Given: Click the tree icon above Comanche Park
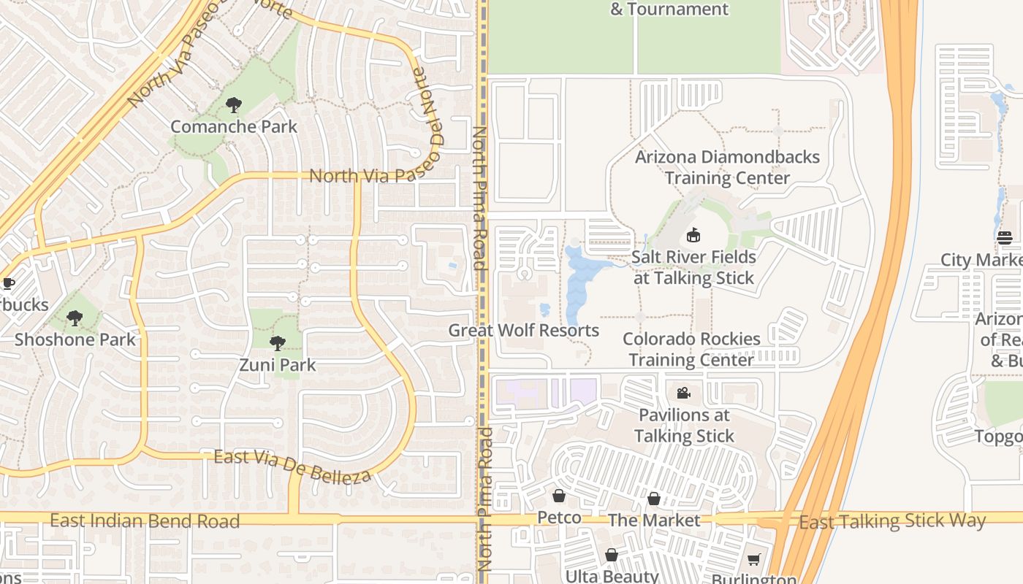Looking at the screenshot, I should pos(234,105).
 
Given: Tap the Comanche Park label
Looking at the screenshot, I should pos(234,126).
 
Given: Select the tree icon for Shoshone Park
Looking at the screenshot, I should pos(75,318).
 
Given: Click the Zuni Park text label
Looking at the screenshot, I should pos(278,364).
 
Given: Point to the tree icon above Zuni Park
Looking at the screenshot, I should pos(277,343).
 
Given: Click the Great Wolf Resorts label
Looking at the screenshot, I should pos(523,331).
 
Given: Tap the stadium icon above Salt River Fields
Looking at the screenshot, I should pos(693,236).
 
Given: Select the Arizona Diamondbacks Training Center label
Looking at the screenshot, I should pos(727,167).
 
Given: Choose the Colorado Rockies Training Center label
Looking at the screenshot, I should pos(691,349).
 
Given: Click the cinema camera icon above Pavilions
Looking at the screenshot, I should pos(683,393).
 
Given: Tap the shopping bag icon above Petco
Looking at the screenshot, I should pos(559,496).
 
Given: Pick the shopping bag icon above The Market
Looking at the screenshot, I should pos(654,499).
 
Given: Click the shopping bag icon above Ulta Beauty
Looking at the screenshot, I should pos(612,556).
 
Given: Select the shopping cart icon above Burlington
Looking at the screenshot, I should pos(754,559).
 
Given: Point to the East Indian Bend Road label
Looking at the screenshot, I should pos(145,521).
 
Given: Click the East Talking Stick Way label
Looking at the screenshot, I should pos(892,521).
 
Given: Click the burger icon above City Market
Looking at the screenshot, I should pos(1005,237).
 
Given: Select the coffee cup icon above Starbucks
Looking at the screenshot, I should pos(8,283).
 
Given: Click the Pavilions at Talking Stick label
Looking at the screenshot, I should pos(684,426).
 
